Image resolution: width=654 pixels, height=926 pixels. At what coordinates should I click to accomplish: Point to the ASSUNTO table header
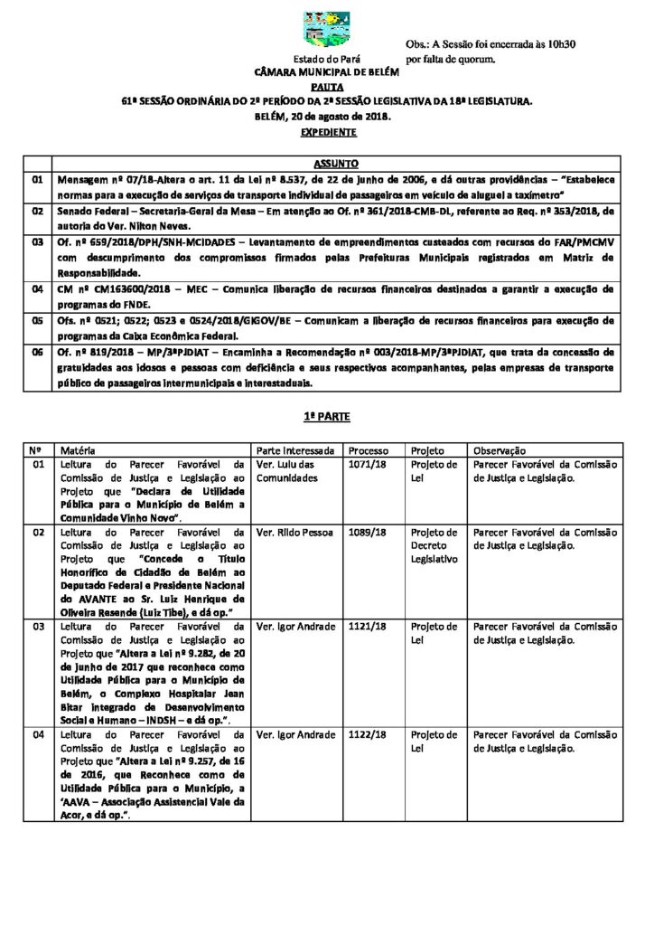click(334, 164)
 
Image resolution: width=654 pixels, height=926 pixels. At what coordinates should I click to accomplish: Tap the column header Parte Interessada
click(296, 450)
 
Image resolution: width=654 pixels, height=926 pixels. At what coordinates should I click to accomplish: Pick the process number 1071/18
click(367, 465)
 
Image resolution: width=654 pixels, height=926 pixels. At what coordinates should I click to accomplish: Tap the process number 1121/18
click(367, 627)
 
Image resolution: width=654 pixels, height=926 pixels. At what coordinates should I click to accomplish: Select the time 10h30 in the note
click(558, 43)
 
